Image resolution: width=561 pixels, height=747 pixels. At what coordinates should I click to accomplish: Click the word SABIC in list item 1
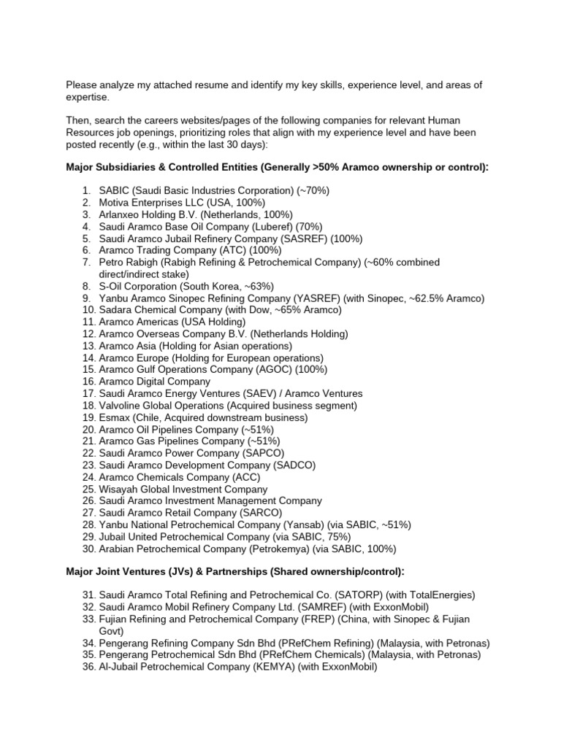(114, 190)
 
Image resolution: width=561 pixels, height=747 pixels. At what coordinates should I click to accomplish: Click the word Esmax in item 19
(115, 417)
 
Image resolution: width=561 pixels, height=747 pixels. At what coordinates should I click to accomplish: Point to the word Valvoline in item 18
(121, 406)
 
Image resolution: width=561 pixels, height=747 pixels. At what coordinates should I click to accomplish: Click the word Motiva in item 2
(115, 202)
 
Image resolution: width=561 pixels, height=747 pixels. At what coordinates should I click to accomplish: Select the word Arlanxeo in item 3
(120, 214)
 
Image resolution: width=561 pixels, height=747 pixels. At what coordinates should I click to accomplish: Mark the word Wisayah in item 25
(119, 489)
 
